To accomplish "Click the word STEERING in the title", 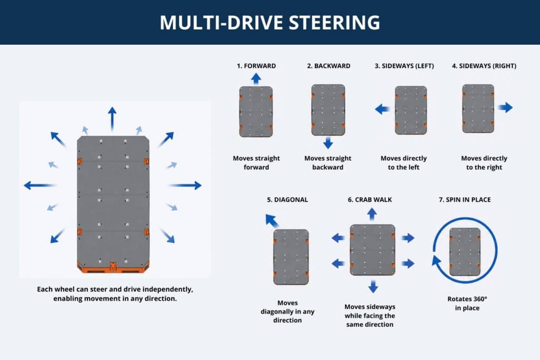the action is (334, 23).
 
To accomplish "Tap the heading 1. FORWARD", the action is (256, 66).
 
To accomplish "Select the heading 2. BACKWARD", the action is (329, 66).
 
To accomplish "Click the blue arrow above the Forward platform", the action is (256, 79).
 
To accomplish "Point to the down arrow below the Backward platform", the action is (328, 143).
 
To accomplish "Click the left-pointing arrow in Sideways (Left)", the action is (382, 110).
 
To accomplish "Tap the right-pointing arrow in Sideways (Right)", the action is (506, 108).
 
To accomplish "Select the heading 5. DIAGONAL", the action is (287, 200).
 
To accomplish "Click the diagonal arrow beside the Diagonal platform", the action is (272, 221).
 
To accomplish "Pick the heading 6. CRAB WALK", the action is (370, 200).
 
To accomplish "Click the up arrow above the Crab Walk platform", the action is (372, 214).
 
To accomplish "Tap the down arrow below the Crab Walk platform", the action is (373, 286).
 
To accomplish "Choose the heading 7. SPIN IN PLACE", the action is (465, 200).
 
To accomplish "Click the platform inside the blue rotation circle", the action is (465, 251).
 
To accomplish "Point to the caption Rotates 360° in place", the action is (467, 304).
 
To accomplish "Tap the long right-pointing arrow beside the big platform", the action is (185, 186).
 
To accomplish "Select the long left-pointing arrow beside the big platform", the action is (40, 186).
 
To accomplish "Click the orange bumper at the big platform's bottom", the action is (113, 268).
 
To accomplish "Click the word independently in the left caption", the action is (168, 289).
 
